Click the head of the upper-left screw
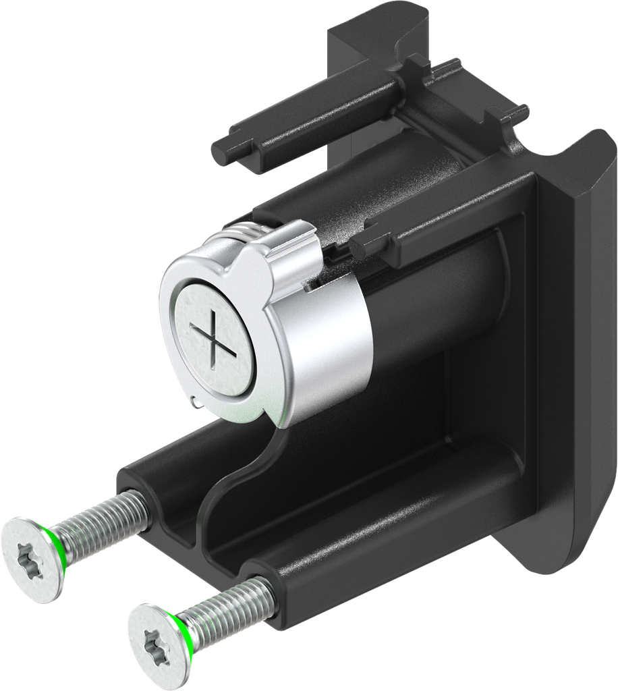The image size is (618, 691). pyautogui.click(x=31, y=556)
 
